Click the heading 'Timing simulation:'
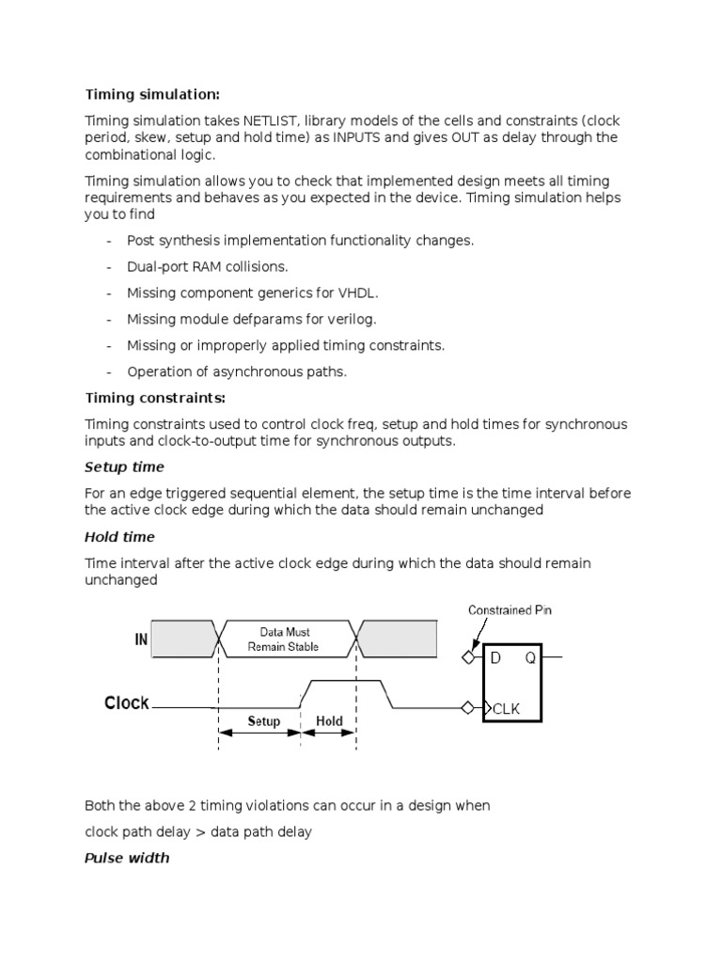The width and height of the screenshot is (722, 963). click(152, 94)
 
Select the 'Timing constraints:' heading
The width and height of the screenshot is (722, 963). click(155, 397)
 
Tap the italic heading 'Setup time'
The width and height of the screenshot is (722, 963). click(124, 467)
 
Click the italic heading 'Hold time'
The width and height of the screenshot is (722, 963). click(119, 537)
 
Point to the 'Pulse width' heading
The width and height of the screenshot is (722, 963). click(127, 858)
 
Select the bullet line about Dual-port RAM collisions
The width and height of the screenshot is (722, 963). click(208, 266)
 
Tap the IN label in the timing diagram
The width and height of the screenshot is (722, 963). click(141, 640)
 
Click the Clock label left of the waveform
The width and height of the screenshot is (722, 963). click(127, 703)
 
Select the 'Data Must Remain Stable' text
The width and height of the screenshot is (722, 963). click(283, 639)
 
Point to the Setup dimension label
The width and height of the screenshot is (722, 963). click(264, 721)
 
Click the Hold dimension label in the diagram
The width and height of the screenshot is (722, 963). click(329, 721)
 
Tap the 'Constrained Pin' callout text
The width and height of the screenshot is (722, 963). click(510, 610)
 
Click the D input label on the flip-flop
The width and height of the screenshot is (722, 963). click(495, 658)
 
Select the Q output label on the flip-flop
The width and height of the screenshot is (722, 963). click(530, 658)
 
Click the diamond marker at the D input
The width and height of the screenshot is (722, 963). click(468, 657)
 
